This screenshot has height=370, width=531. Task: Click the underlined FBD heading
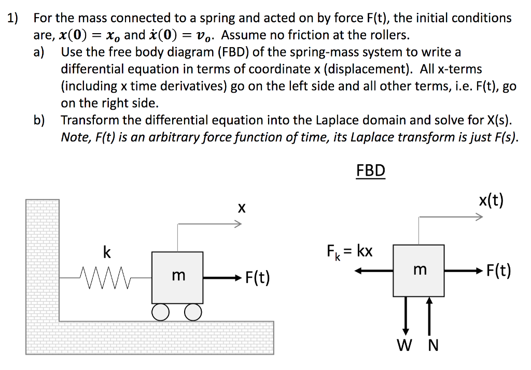coord(371,170)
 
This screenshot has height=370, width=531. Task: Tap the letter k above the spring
coord(106,252)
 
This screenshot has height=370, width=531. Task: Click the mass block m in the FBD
coord(418,270)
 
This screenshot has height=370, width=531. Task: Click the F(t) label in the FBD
coord(498,271)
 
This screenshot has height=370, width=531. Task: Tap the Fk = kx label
coord(350,251)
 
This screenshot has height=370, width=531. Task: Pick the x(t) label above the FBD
coord(491,201)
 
